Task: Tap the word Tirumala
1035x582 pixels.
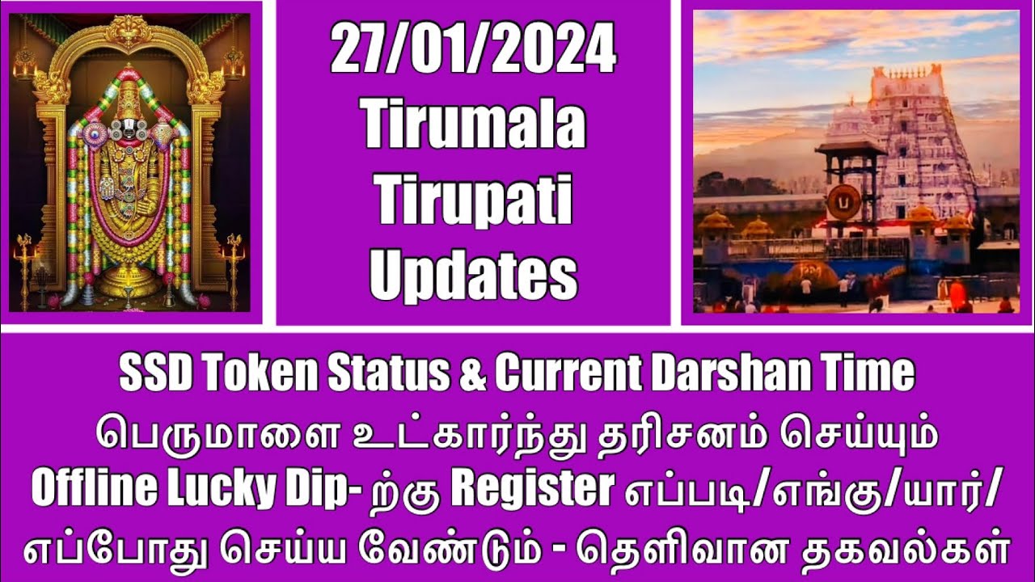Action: (x=473, y=126)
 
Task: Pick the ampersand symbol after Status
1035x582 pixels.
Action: (x=472, y=373)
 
